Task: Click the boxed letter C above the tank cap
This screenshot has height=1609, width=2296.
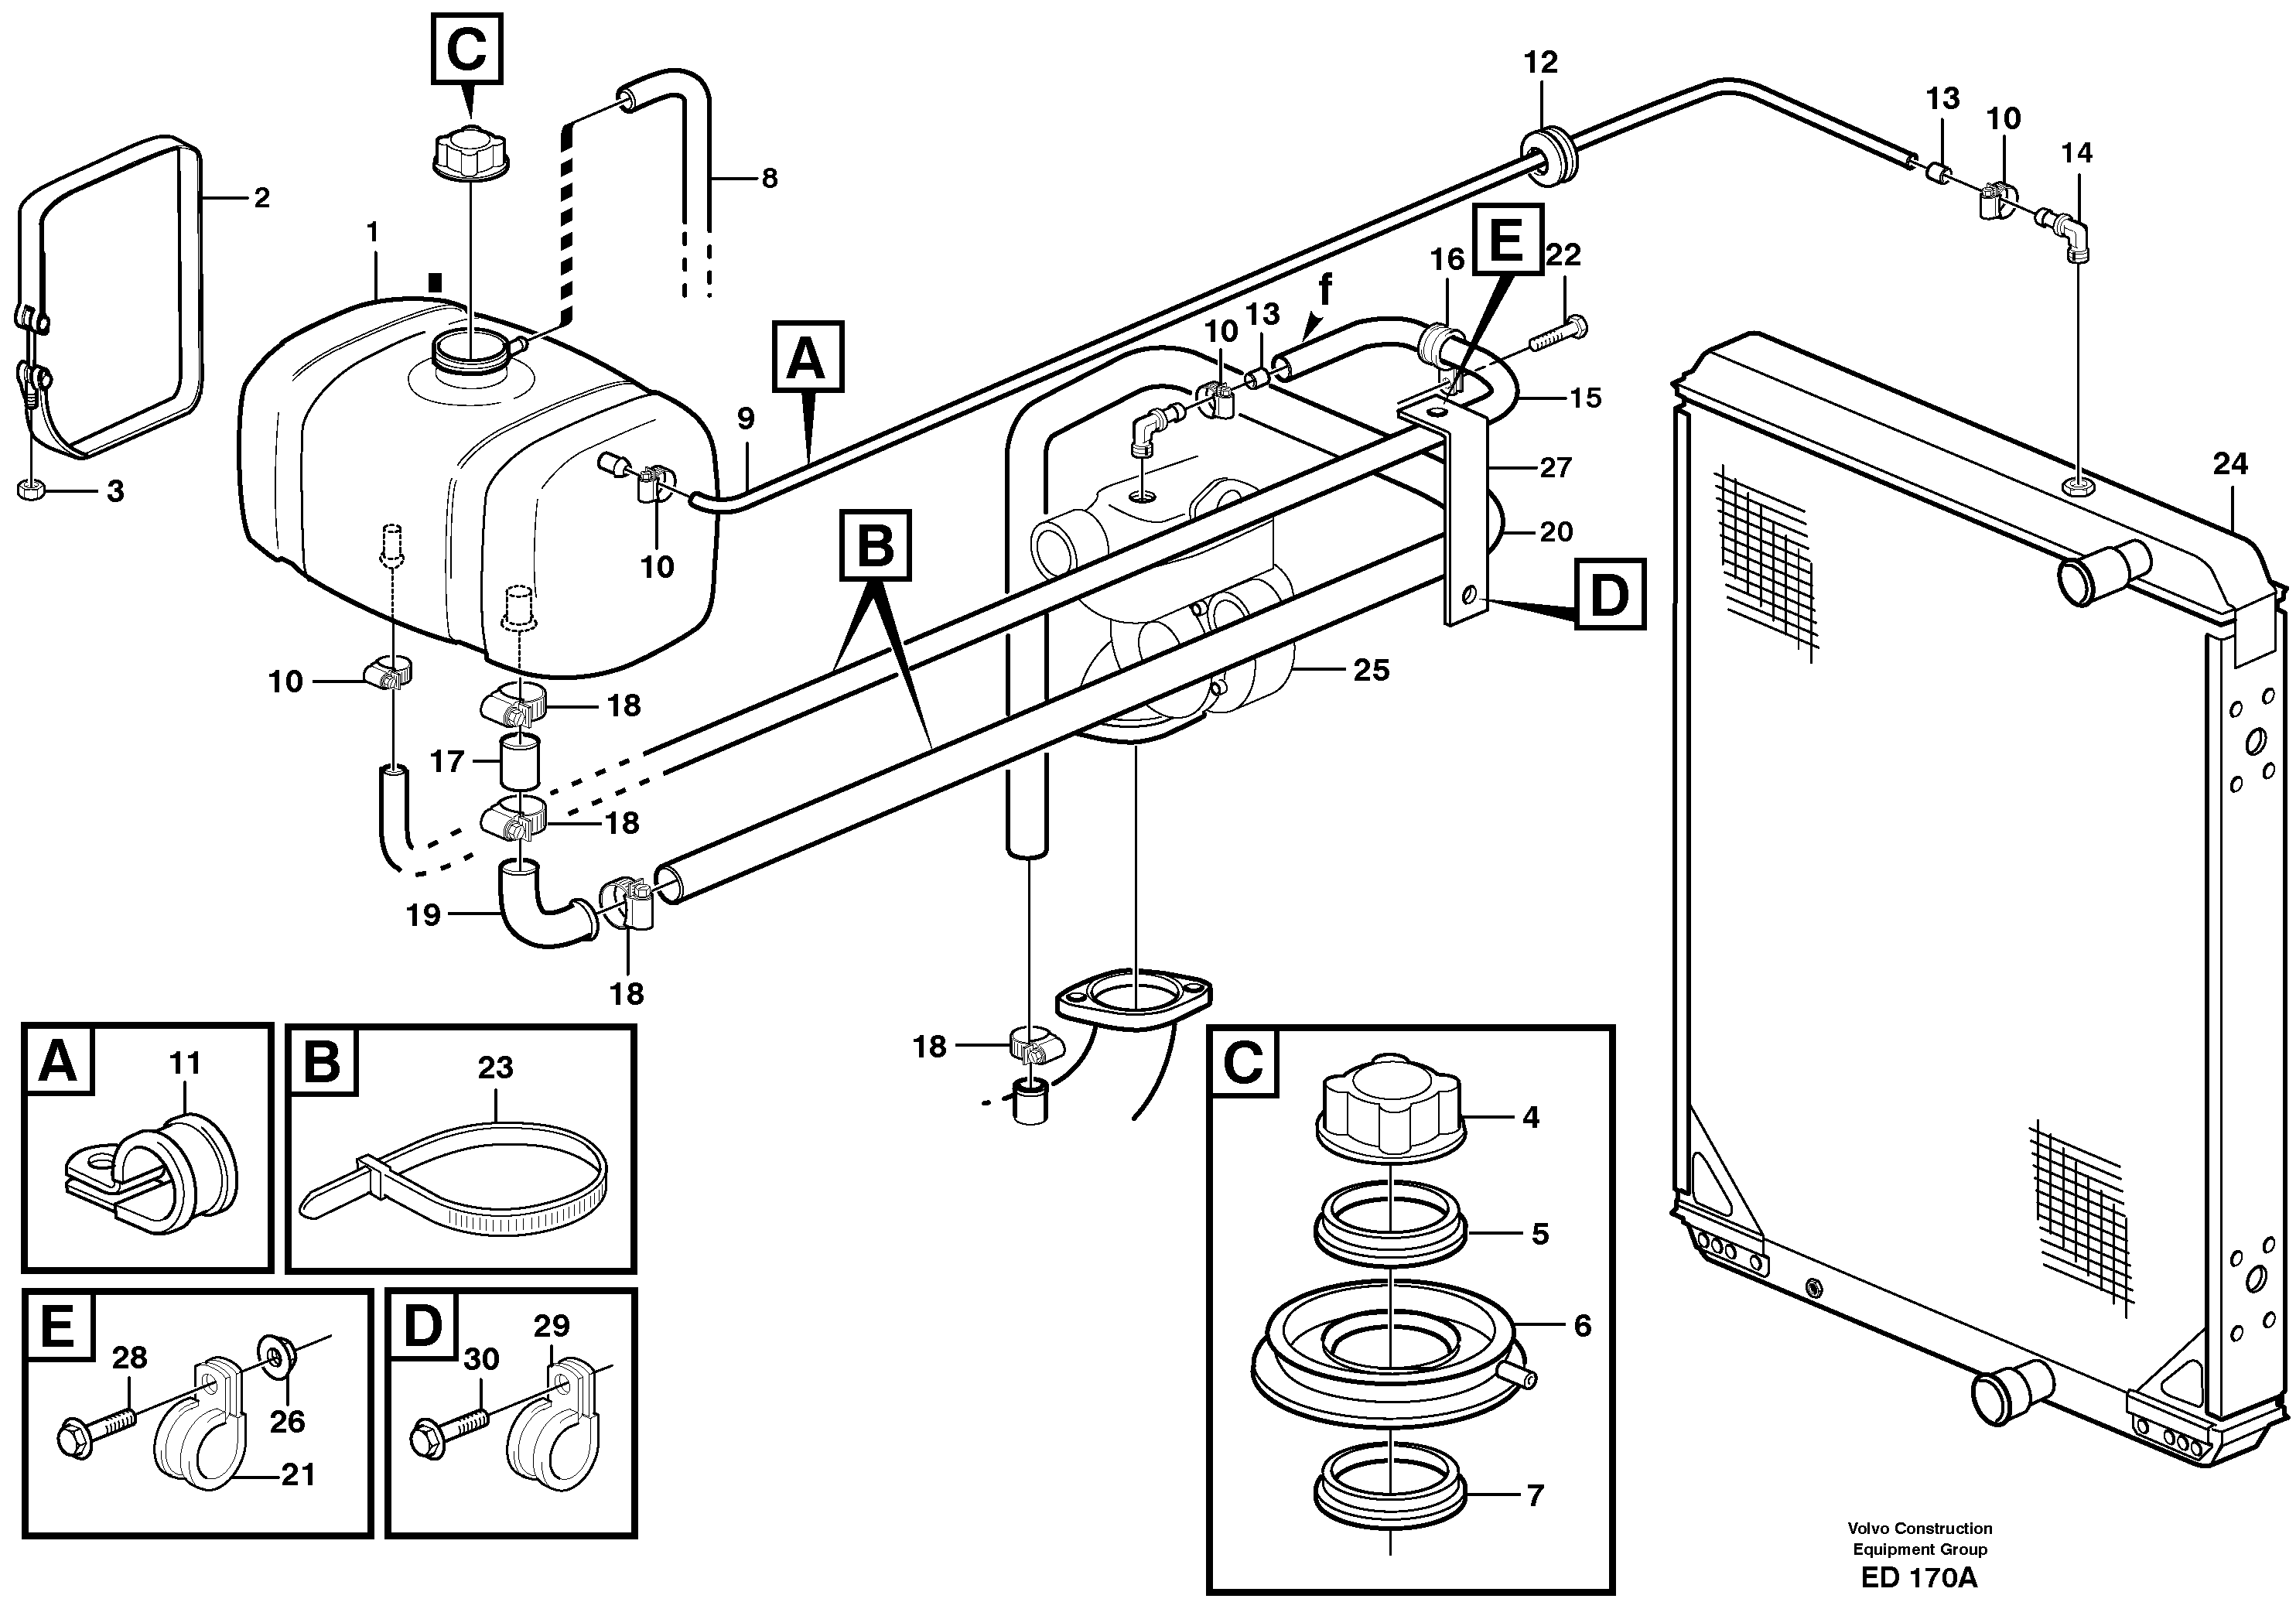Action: pos(466,49)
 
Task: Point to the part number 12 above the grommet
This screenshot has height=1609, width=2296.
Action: pos(1540,63)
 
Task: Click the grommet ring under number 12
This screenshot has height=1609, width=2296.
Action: pos(1548,157)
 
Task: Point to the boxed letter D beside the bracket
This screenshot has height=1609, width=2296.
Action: pos(1609,595)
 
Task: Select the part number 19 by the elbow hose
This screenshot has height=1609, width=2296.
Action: pos(423,915)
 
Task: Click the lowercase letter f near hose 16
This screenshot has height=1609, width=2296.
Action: pos(1325,290)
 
